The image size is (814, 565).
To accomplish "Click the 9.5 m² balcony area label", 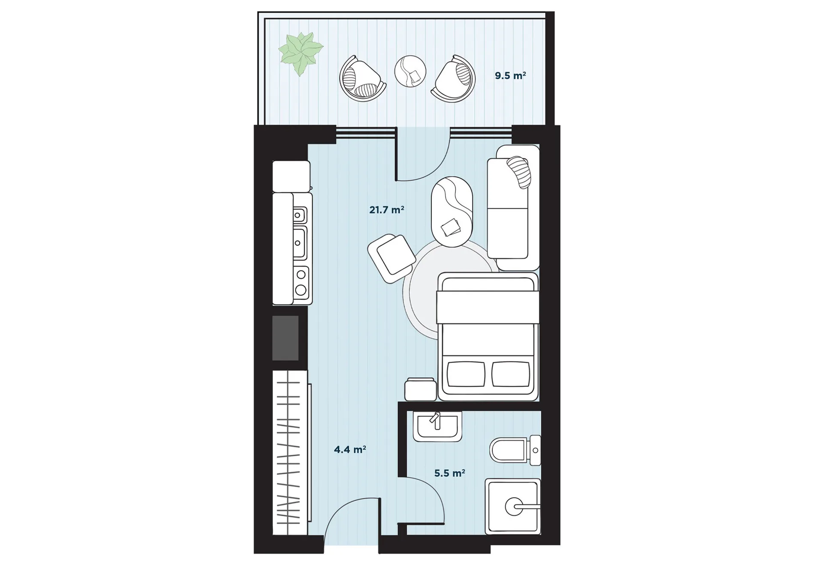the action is [510, 76].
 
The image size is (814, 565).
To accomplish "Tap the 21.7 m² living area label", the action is [386, 210].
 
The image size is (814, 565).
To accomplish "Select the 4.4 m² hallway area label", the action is [350, 449].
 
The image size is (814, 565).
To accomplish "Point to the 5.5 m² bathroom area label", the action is [449, 473].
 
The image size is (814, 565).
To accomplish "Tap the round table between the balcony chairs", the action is [410, 72].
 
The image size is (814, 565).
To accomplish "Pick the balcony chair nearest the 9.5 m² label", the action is [454, 79].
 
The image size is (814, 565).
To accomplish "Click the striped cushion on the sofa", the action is [519, 172].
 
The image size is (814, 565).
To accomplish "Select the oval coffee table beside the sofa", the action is [452, 212].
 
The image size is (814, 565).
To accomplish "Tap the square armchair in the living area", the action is [392, 259].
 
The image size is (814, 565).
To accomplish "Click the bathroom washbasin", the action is [437, 426].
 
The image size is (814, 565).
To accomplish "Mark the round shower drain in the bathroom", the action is [514, 507].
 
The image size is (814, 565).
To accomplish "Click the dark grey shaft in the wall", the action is [285, 338].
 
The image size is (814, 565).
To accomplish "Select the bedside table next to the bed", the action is [421, 389].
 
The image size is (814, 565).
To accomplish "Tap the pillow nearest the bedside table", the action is [466, 374].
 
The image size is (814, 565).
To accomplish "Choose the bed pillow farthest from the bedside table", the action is [511, 374].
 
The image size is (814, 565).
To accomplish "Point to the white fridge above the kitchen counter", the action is [291, 176].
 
